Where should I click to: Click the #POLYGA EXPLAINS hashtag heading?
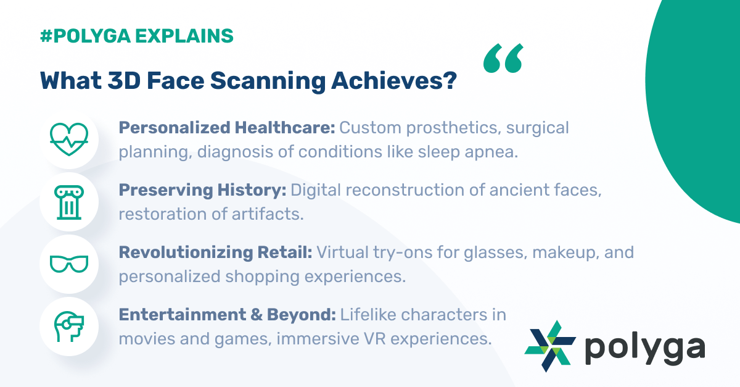[x=136, y=36]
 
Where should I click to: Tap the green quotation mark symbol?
[x=503, y=59]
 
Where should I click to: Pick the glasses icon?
[x=69, y=264]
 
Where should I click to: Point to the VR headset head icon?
[x=69, y=327]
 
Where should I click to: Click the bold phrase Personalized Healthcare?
[x=227, y=128]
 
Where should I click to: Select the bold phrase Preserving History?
[x=202, y=191]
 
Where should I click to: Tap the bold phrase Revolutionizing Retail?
[x=216, y=252]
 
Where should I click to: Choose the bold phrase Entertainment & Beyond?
[x=227, y=315]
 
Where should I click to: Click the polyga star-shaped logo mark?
[x=550, y=346]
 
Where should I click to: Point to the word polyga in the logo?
[x=644, y=349]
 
